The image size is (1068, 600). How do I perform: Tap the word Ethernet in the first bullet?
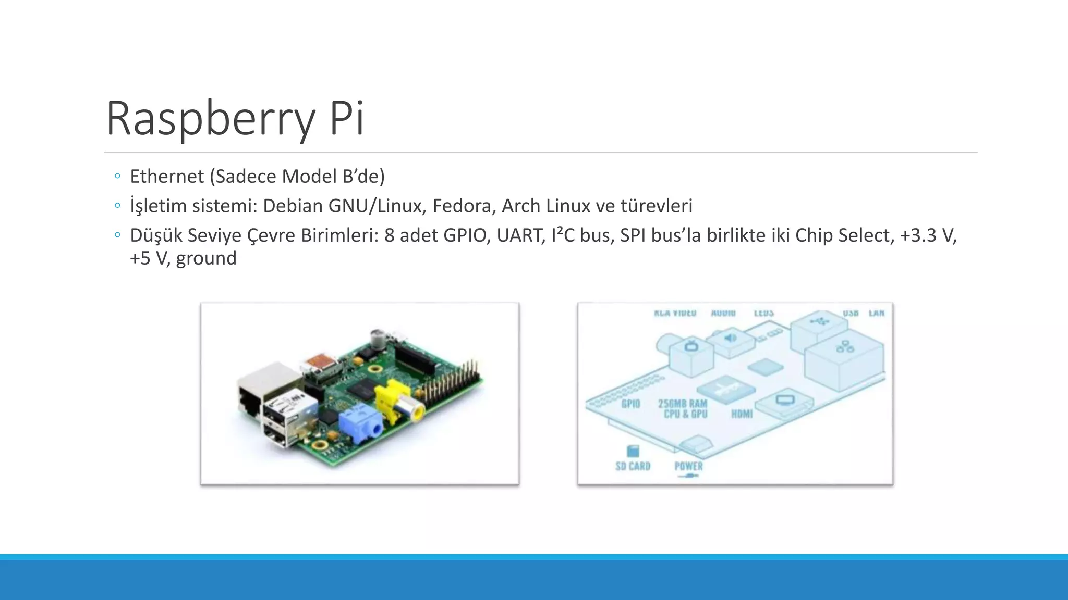pyautogui.click(x=167, y=177)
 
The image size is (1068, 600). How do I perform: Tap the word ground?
pyautogui.click(x=206, y=258)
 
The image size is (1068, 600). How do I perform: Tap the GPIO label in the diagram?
pyautogui.click(x=630, y=404)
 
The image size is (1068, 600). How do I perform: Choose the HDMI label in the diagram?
pyautogui.click(x=742, y=414)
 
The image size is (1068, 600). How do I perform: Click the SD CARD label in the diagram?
pyautogui.click(x=633, y=466)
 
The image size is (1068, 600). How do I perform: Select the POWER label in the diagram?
pyautogui.click(x=688, y=466)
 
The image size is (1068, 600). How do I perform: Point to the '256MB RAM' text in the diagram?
pyautogui.click(x=682, y=403)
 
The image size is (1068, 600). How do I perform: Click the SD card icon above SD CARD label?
pyautogui.click(x=632, y=451)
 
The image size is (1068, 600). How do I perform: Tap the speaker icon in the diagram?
pyautogui.click(x=730, y=338)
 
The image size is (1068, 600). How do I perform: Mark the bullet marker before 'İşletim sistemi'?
pyautogui.click(x=117, y=206)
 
